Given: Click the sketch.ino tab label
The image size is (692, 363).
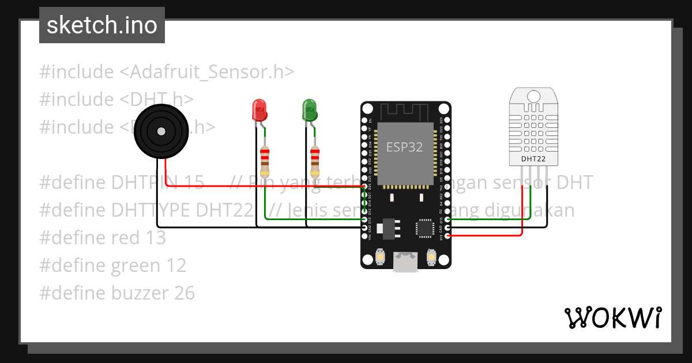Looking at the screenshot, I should pyautogui.click(x=101, y=25).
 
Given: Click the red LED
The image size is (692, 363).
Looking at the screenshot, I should pyautogui.click(x=259, y=110).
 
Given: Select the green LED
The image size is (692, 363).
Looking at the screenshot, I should pyautogui.click(x=310, y=110).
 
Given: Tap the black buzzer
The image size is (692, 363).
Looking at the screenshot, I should pyautogui.click(x=160, y=131).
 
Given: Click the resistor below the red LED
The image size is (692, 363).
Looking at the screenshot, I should pyautogui.click(x=265, y=161).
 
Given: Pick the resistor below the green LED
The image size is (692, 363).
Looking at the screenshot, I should pyautogui.click(x=315, y=161).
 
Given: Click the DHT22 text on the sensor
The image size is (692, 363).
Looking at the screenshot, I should pyautogui.click(x=533, y=158).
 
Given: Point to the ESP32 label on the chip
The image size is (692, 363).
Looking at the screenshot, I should pyautogui.click(x=404, y=147).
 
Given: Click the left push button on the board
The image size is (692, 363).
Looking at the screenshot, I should pyautogui.click(x=381, y=256).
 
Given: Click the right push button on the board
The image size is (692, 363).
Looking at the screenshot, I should pyautogui.click(x=430, y=256).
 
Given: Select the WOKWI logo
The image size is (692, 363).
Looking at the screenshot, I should pyautogui.click(x=612, y=317).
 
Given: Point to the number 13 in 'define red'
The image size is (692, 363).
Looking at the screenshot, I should pyautogui.click(x=156, y=237).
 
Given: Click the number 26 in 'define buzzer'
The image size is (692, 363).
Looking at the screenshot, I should pyautogui.click(x=184, y=293).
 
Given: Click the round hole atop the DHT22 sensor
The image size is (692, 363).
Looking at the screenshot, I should pyautogui.click(x=533, y=95).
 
